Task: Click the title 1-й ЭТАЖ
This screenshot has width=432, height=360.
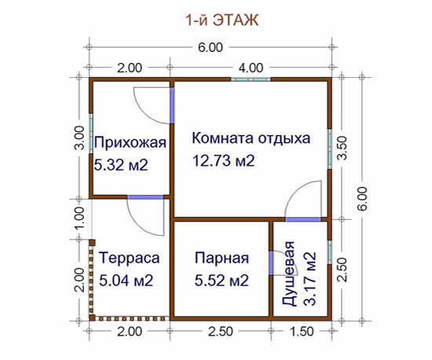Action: point(222,20)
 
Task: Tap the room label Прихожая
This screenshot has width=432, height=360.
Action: point(130,143)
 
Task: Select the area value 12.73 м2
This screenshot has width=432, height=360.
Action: point(223,160)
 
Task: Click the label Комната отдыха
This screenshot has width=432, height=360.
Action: point(251,138)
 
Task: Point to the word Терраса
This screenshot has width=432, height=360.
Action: point(130,258)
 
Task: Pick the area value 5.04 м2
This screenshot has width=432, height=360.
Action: point(126,281)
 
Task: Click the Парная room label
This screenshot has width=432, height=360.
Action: point(221,258)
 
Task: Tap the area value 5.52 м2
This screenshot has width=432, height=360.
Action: point(221,281)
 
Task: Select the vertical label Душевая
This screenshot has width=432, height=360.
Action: point(289,274)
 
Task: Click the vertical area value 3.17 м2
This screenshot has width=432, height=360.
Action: point(309,279)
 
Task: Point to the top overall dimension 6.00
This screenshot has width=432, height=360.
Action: point(211,47)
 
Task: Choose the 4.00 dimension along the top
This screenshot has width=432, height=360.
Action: point(251,68)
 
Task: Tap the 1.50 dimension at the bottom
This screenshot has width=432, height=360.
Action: point(302,332)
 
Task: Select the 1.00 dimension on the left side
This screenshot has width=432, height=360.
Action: point(79,219)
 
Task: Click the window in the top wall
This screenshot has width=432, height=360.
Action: point(251,79)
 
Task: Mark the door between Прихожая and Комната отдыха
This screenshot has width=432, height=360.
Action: point(172,105)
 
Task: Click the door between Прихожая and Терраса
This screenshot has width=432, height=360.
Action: point(145,197)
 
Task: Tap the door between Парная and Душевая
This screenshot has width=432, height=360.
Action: point(271,263)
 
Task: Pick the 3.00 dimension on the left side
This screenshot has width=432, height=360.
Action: point(79,138)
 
